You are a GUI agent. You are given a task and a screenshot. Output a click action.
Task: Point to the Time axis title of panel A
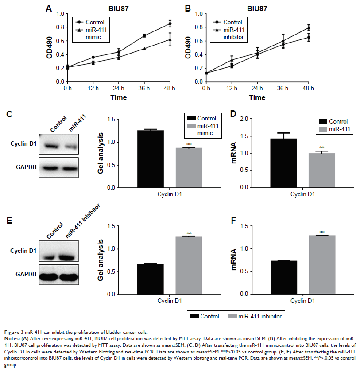[x=118, y=97]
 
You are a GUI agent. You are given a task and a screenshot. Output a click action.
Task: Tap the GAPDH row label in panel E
[x=21, y=274]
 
